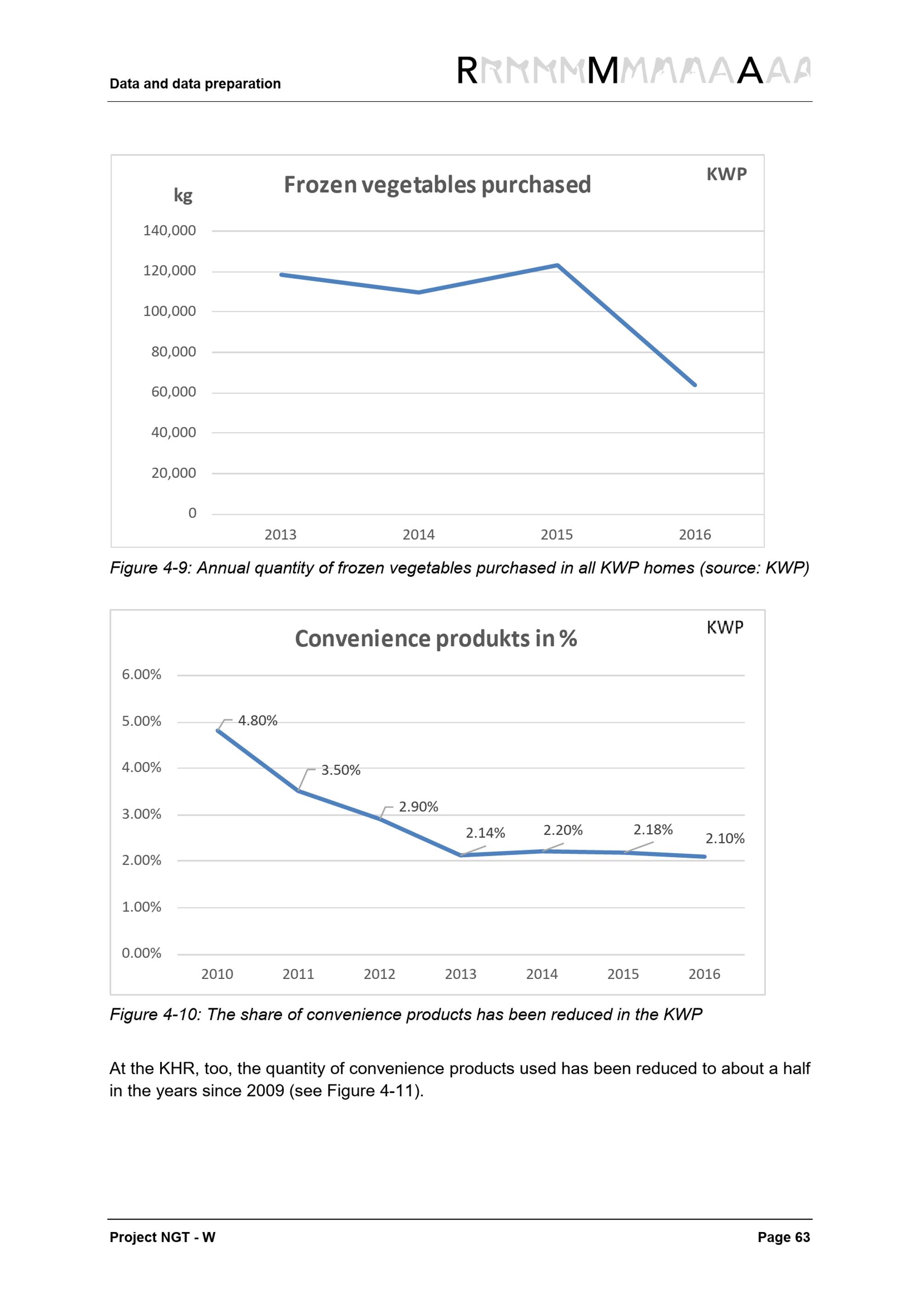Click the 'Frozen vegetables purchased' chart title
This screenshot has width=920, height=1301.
pyautogui.click(x=437, y=185)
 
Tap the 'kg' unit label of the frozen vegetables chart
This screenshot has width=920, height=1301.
pyautogui.click(x=183, y=196)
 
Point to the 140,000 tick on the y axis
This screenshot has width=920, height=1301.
pyautogui.click(x=169, y=230)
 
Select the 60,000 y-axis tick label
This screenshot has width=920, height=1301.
pyautogui.click(x=173, y=392)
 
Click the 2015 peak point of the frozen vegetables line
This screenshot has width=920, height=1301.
pyautogui.click(x=558, y=265)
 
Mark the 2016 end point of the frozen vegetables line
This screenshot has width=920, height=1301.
pyautogui.click(x=695, y=385)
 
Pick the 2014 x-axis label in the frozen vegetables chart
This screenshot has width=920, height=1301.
pyautogui.click(x=419, y=535)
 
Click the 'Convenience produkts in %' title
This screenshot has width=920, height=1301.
pyautogui.click(x=436, y=639)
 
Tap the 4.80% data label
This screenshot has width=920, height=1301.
pyautogui.click(x=258, y=721)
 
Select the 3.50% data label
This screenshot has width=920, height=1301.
pyautogui.click(x=340, y=770)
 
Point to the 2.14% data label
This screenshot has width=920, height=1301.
pyautogui.click(x=485, y=833)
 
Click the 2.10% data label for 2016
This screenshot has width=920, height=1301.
pyautogui.click(x=724, y=839)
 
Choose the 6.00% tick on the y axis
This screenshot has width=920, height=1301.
pyautogui.click(x=142, y=674)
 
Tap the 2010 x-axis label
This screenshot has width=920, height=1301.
pyautogui.click(x=217, y=974)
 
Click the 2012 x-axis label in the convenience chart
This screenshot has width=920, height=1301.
pyautogui.click(x=379, y=974)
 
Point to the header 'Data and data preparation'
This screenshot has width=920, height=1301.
pyautogui.click(x=195, y=84)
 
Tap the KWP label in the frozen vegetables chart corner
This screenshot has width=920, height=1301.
pyautogui.click(x=726, y=174)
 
